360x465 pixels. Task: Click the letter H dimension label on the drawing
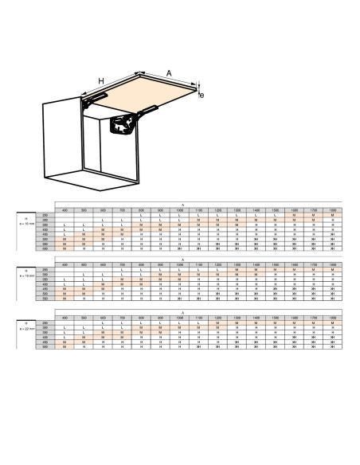click(x=101, y=81)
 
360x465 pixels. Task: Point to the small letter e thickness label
click(x=202, y=96)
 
